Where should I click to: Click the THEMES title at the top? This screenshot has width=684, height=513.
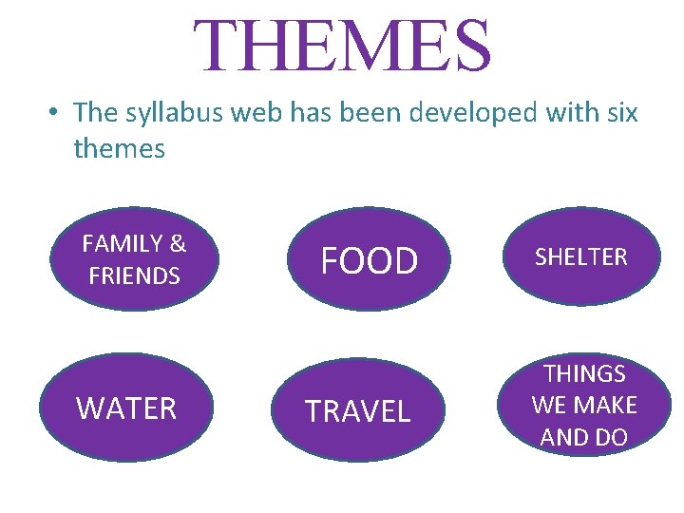tap(343, 45)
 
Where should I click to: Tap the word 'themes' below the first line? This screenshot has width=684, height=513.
tap(119, 148)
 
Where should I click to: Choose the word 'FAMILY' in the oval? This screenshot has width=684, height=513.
tap(123, 244)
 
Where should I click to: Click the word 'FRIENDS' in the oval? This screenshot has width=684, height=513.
tap(134, 276)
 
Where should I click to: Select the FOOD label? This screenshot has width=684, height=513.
tap(369, 260)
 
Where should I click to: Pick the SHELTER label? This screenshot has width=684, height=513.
tap(580, 256)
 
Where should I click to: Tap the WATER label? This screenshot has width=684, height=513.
tap(126, 408)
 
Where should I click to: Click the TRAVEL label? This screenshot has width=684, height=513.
tap(357, 411)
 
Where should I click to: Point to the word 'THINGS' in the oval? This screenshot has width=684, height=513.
tap(584, 374)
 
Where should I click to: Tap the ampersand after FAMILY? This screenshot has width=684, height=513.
tap(178, 244)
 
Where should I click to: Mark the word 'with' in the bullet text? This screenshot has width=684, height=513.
tap(568, 113)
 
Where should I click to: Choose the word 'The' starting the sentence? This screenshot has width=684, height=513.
tap(94, 113)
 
